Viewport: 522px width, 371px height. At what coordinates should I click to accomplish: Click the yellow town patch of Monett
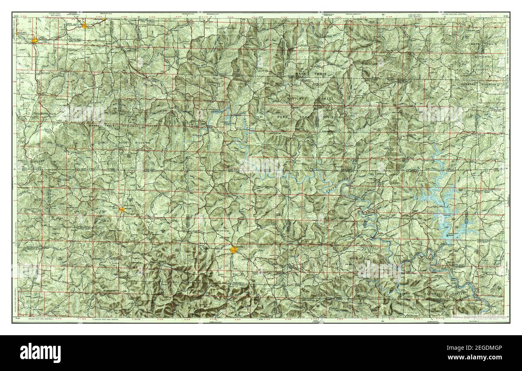(x=35, y=40)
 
